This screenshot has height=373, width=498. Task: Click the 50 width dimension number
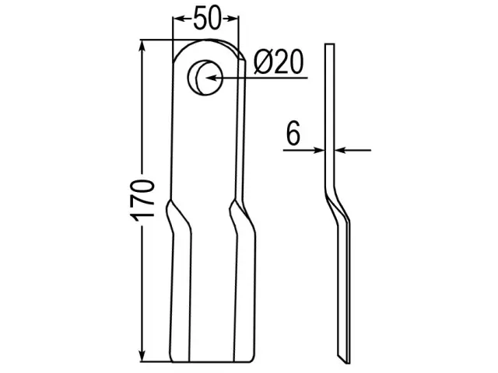(206, 19)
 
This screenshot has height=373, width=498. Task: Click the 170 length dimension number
(142, 200)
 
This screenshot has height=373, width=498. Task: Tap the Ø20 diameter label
(279, 62)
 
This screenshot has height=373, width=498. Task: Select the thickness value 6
(293, 133)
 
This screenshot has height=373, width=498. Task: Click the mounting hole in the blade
(205, 77)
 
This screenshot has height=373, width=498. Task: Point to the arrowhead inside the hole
(211, 78)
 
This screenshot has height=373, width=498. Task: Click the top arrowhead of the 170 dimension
(142, 46)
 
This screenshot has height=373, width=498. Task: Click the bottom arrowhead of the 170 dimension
(142, 354)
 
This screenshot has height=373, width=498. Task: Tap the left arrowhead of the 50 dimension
(179, 19)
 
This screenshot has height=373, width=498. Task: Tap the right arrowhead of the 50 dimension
(232, 19)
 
